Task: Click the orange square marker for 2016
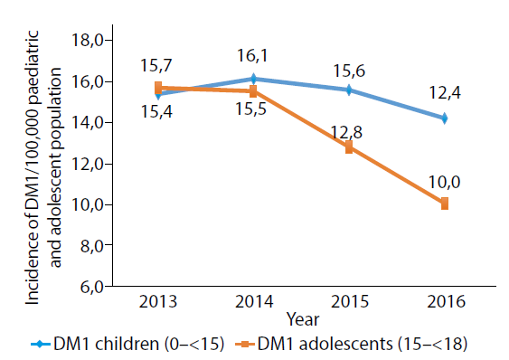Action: coord(445,204)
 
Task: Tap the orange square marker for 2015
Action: coord(349,147)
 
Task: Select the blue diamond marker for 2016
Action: coord(445,118)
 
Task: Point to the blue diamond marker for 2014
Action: coord(253,79)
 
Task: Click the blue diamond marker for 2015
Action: coord(349,90)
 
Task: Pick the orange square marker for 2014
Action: coord(253,91)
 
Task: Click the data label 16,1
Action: coord(252,55)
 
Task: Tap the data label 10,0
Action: coord(445,182)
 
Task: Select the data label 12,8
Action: coord(346,133)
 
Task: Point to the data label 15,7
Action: coord(156,66)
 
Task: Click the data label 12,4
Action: coord(445,92)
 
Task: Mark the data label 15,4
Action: coord(156,112)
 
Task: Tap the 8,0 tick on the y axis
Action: coord(92,246)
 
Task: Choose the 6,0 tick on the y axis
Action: coord(92,288)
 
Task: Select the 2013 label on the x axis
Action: coord(158,301)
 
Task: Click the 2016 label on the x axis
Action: coord(446,301)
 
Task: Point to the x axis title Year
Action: coord(303,319)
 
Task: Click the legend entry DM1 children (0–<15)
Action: coord(127,344)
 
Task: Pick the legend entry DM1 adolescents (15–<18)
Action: coord(351,344)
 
